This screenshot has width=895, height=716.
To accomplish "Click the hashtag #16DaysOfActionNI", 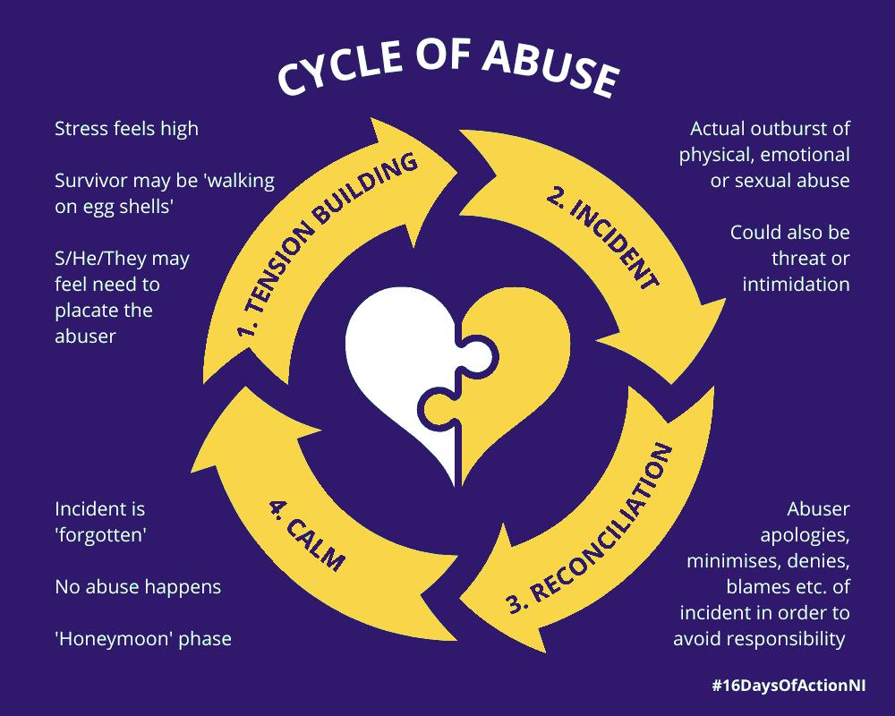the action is coord(788,686).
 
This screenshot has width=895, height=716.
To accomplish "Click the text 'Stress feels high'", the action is coord(127,129).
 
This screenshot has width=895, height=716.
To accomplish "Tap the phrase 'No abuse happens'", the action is coord(138,587).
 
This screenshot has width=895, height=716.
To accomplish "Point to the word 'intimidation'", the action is coord(796,285).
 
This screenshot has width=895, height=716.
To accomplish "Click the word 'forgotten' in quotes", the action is coord(101,535).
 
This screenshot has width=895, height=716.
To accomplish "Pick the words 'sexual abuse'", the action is coord(792,181).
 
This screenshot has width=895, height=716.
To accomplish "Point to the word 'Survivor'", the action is coord(91,181).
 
